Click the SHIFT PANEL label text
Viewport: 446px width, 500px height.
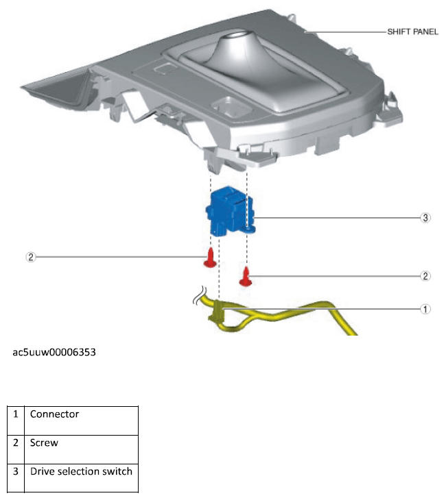click(x=412, y=32)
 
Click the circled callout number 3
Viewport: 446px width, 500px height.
click(x=425, y=218)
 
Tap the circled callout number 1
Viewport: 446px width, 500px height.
click(x=425, y=309)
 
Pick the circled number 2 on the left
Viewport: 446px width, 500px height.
click(x=30, y=258)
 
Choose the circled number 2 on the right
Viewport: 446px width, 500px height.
click(x=425, y=276)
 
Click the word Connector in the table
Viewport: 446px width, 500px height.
click(x=54, y=414)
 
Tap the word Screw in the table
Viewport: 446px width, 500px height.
click(x=44, y=443)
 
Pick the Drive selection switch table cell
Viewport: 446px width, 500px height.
click(x=81, y=472)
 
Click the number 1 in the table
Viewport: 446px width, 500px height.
click(x=16, y=414)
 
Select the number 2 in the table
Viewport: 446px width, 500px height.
click(x=16, y=443)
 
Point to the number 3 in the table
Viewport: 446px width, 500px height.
click(x=16, y=472)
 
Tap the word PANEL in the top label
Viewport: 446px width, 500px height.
click(x=425, y=32)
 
